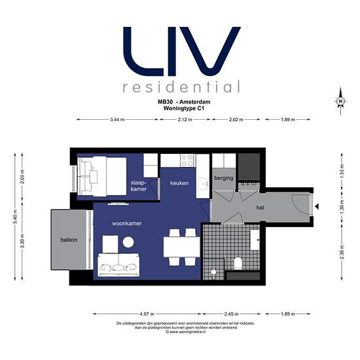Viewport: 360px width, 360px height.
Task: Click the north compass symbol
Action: [x=340, y=101]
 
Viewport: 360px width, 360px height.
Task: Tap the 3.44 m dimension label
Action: [x=117, y=119]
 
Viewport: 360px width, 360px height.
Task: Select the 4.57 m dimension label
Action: [x=147, y=314]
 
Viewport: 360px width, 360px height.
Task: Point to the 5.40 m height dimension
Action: [x=15, y=217]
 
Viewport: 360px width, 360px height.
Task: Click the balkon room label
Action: [x=69, y=240]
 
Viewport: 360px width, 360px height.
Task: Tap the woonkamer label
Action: [x=127, y=223]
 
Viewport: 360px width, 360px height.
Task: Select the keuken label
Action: [x=179, y=183]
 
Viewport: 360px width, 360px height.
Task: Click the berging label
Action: [x=224, y=178]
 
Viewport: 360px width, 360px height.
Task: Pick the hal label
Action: [x=260, y=207]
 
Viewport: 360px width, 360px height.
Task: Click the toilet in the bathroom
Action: [x=238, y=264]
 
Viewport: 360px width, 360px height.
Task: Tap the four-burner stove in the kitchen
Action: [x=187, y=160]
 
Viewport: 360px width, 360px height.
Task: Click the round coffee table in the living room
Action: [x=128, y=242]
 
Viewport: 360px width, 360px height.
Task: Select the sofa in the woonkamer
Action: [x=118, y=264]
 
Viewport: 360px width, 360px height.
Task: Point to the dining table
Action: [x=181, y=247]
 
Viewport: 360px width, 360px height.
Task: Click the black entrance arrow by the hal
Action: [x=317, y=207]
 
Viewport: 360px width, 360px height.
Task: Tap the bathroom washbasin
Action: [x=255, y=240]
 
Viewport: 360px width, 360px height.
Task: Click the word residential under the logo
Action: [x=181, y=86]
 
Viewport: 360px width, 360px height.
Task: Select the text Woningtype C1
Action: [x=184, y=108]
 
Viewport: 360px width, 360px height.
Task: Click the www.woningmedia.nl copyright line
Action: [x=185, y=332]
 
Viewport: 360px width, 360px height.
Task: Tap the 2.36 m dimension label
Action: [x=342, y=252]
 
